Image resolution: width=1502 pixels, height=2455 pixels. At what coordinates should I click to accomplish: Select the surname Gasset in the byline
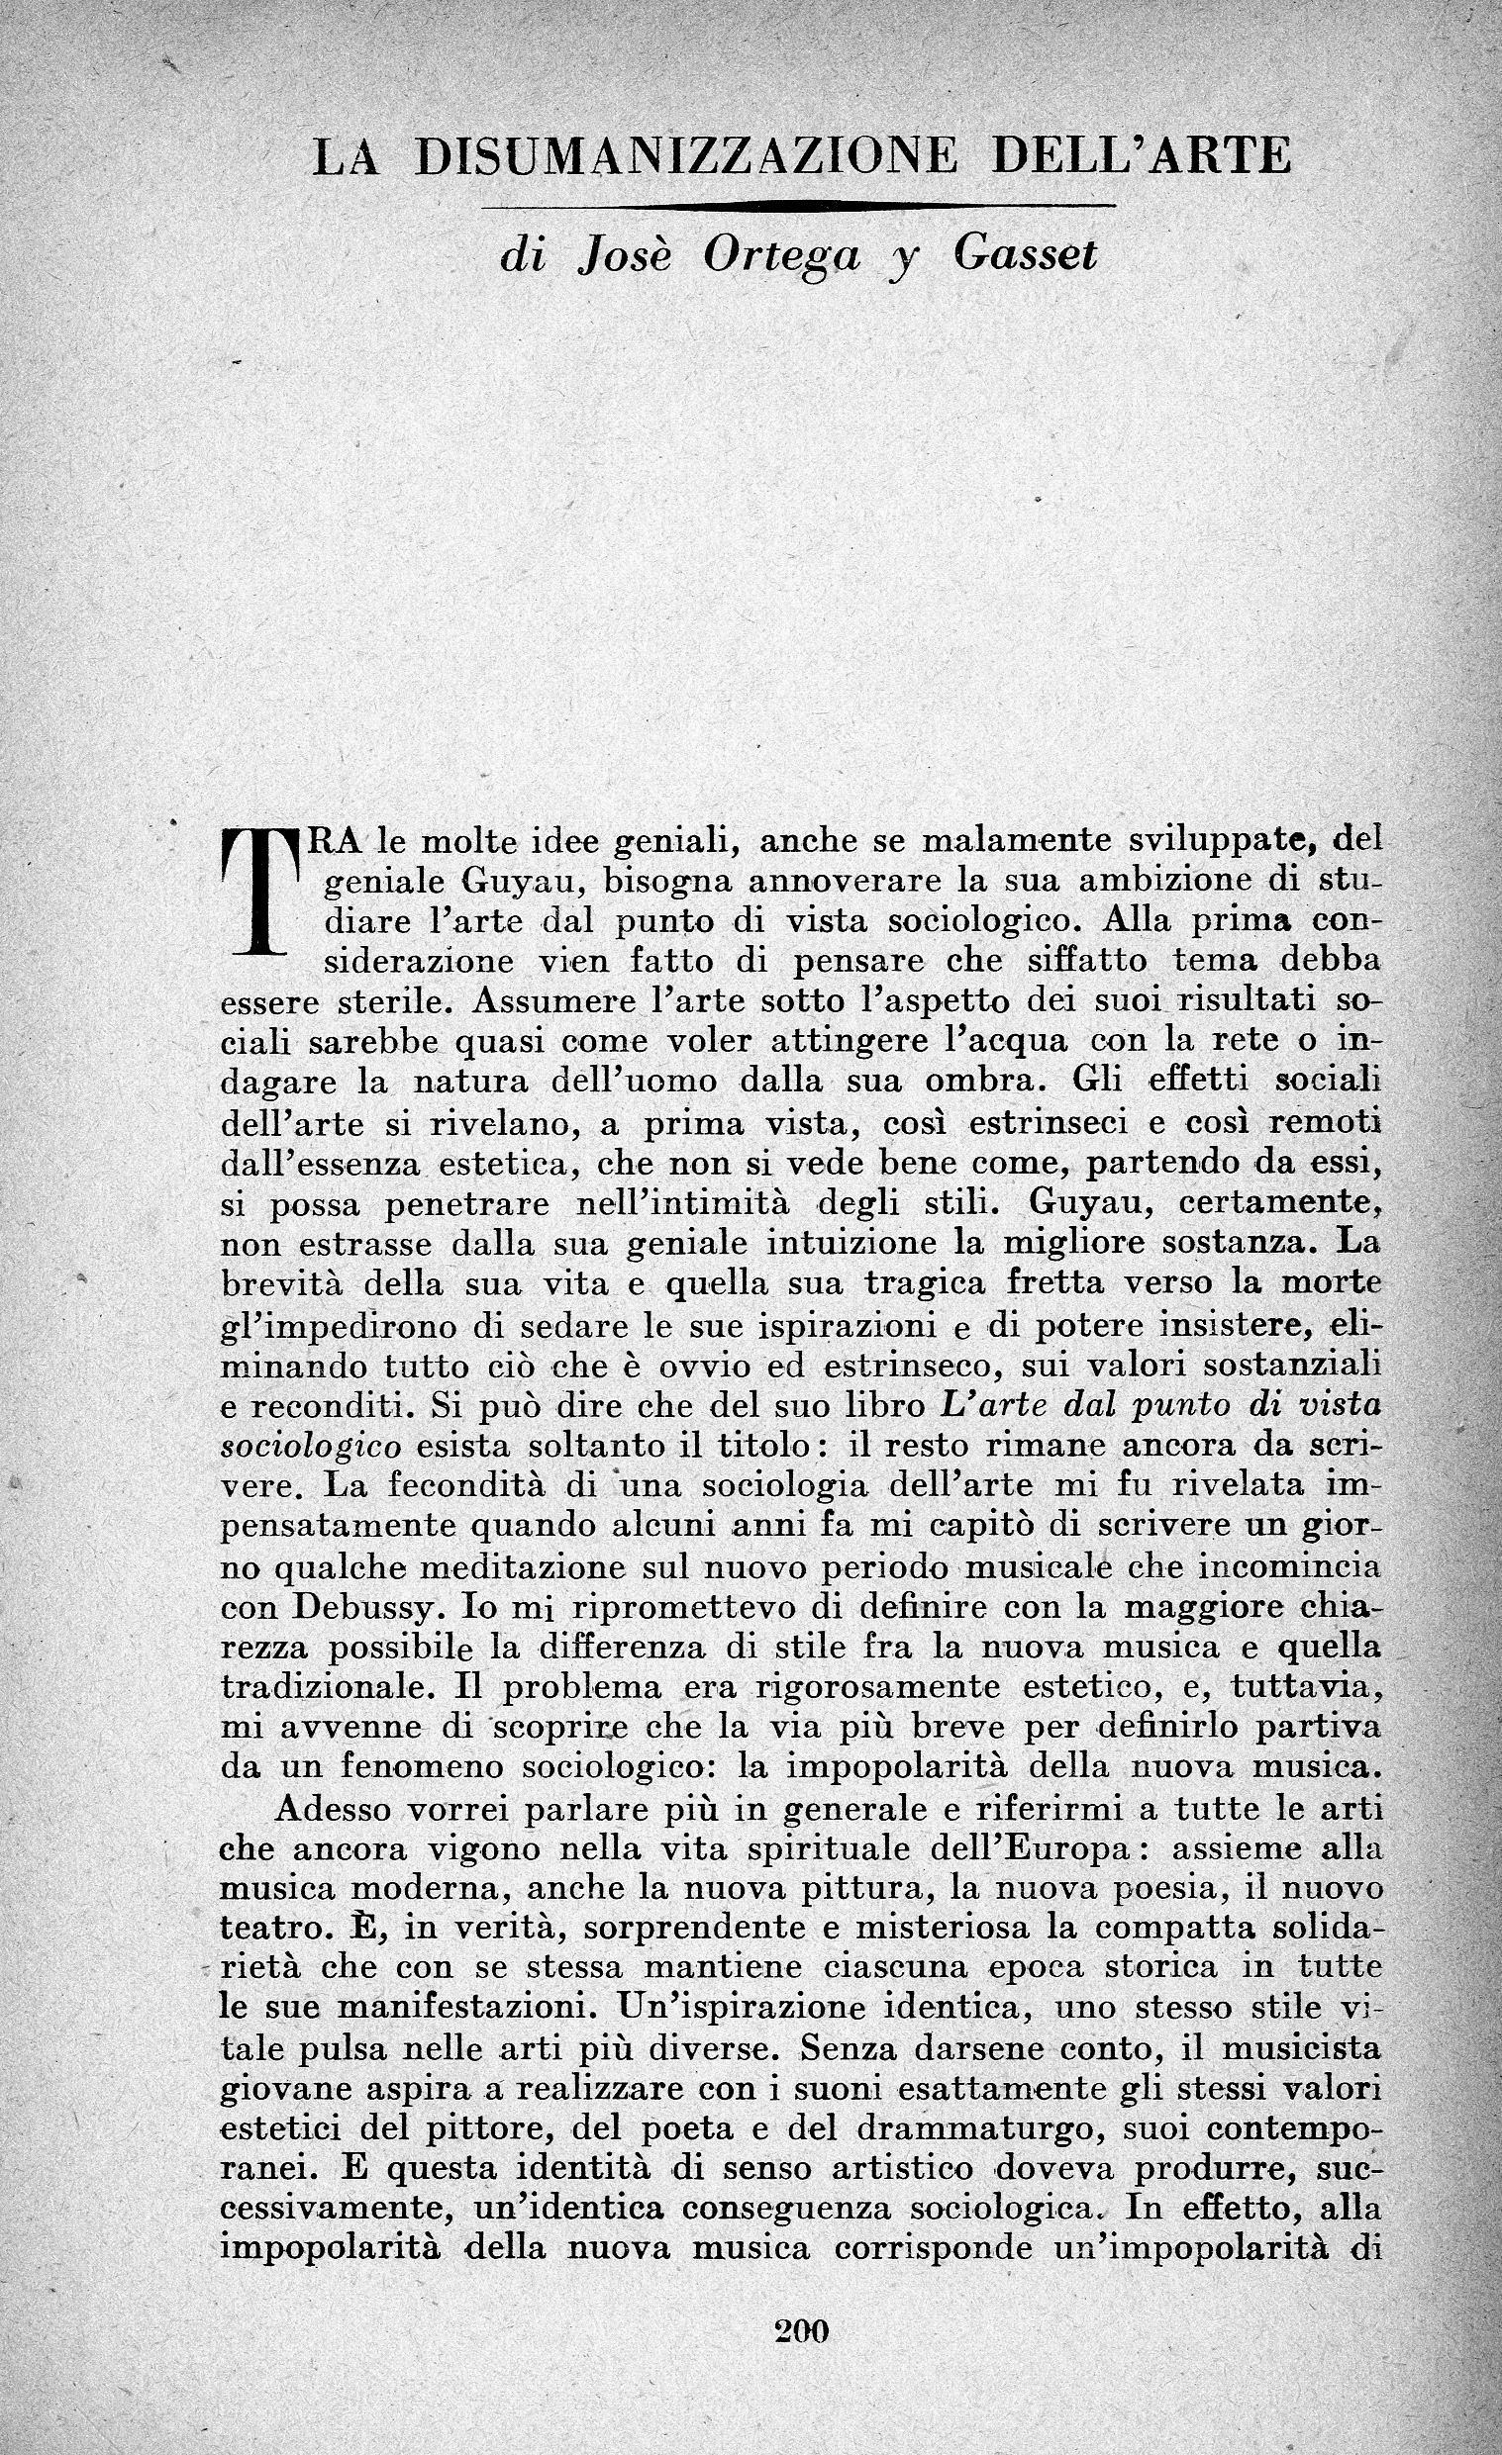[1025, 256]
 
